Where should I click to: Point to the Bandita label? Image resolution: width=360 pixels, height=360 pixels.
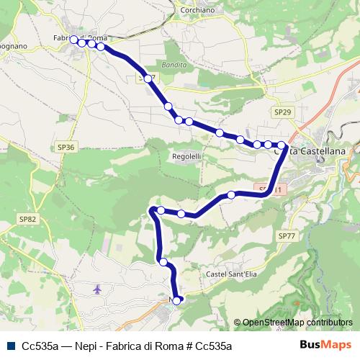click(x=175, y=65)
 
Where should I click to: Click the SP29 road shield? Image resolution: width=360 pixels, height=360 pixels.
click(x=282, y=112)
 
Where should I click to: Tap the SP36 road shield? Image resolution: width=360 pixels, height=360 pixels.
click(x=66, y=147)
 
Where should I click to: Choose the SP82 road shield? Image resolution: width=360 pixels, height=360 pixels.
click(x=27, y=219)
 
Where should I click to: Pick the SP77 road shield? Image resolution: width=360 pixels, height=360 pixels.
click(x=286, y=236)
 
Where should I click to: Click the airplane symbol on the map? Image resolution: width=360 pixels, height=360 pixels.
click(x=98, y=289)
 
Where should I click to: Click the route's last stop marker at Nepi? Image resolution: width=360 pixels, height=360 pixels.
click(x=177, y=301)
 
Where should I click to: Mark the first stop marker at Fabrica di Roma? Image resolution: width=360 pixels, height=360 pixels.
click(x=73, y=40)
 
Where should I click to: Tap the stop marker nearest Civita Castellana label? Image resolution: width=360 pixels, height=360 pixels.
click(x=281, y=145)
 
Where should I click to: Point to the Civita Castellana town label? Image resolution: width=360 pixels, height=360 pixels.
click(x=310, y=150)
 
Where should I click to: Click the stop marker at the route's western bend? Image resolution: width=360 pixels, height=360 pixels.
click(x=153, y=210)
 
